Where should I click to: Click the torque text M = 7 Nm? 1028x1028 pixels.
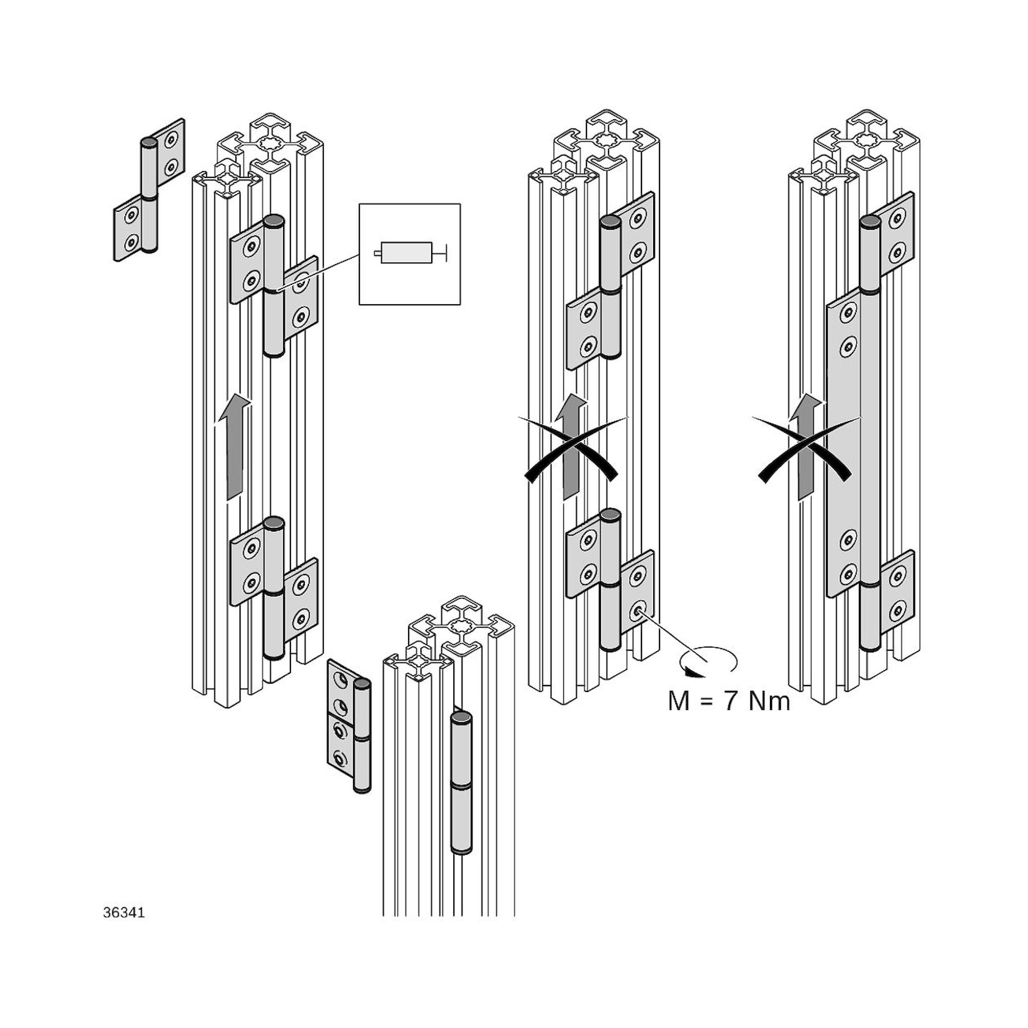click(x=729, y=701)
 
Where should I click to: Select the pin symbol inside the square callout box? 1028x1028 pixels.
click(x=409, y=253)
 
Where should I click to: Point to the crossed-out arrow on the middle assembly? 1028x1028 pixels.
click(x=573, y=447)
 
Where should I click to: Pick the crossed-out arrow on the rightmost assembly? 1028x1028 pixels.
click(x=806, y=447)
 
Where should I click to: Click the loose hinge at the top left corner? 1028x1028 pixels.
click(x=150, y=190)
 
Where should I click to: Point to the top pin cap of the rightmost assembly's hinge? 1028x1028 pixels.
click(x=870, y=222)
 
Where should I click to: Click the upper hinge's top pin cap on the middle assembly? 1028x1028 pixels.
click(x=610, y=222)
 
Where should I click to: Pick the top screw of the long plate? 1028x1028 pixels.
click(x=848, y=315)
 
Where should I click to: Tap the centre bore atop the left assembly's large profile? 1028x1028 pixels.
click(x=270, y=144)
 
